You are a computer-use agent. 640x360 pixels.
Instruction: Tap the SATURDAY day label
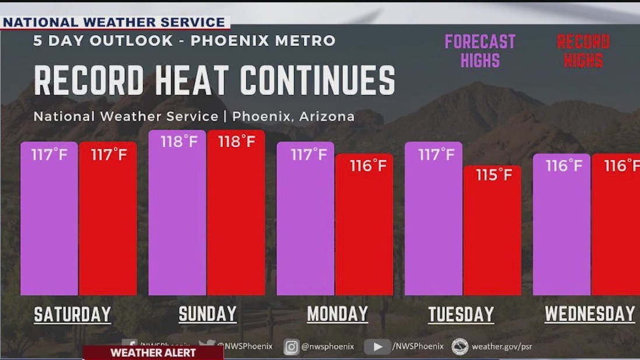tap(72, 314)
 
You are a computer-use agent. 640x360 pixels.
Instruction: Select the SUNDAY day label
tap(208, 314)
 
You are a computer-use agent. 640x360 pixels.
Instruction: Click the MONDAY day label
tap(337, 314)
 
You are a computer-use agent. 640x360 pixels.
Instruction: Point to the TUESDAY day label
tap(461, 314)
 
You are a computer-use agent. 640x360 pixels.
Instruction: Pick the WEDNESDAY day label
tap(589, 314)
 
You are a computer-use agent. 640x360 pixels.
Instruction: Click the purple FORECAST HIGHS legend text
tap(480, 51)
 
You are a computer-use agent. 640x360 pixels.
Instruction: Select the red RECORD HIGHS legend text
tap(583, 51)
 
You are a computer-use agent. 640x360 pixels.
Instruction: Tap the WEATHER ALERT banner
tap(153, 353)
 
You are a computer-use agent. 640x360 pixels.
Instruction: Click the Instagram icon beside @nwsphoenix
tap(291, 347)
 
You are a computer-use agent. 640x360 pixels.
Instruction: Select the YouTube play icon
tap(377, 347)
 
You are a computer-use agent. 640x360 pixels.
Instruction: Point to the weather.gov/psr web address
tap(501, 347)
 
